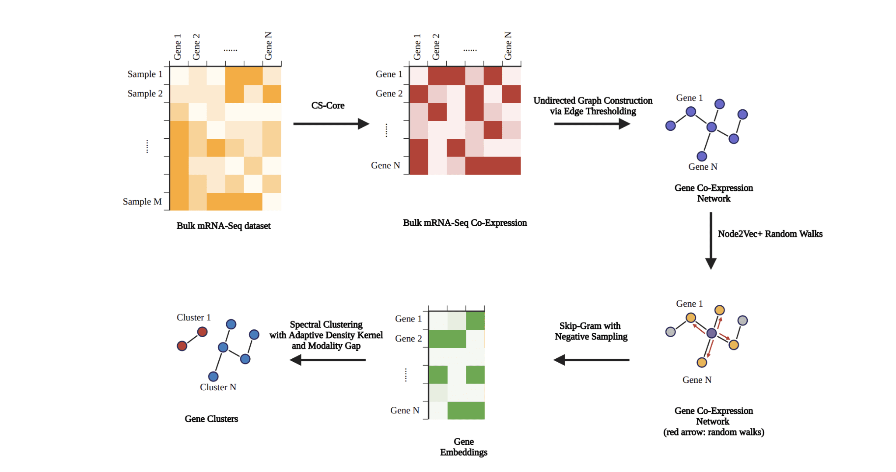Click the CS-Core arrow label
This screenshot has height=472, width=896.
(328, 105)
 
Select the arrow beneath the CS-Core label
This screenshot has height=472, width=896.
(331, 124)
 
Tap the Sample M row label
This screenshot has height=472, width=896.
(142, 202)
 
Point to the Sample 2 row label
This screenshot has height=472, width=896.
(145, 94)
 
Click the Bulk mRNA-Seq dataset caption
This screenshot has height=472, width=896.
(224, 226)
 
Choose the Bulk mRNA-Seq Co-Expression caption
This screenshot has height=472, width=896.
(465, 223)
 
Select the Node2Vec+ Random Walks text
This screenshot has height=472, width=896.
(770, 234)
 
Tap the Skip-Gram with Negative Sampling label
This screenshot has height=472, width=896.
(591, 331)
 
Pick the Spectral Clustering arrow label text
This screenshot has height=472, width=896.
(326, 335)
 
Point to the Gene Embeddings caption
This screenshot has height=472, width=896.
(464, 447)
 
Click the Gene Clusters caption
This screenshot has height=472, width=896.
(211, 419)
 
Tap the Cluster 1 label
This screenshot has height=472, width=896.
(193, 318)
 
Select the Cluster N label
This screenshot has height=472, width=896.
(218, 387)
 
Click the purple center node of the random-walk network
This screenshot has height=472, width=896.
(711, 333)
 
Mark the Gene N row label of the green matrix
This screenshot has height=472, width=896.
(405, 410)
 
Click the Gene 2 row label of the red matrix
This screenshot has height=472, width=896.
(389, 94)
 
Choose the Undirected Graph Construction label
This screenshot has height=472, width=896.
(593, 106)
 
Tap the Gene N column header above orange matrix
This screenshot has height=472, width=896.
(268, 46)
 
